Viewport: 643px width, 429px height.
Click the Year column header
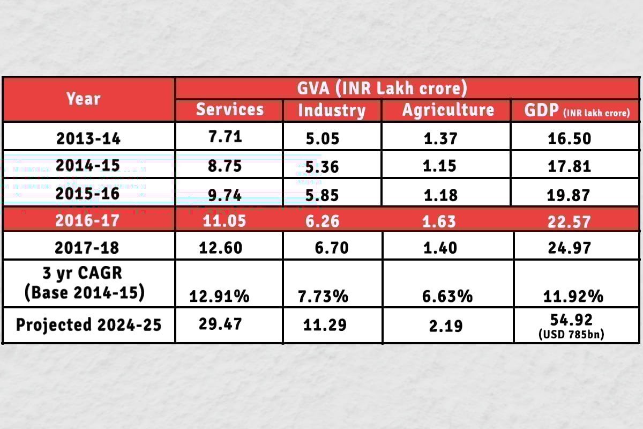[x=83, y=99]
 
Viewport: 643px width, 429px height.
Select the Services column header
[x=230, y=109]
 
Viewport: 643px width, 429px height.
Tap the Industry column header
[x=332, y=110]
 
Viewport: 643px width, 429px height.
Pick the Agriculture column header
[x=448, y=110]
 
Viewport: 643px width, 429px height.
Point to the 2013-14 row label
[x=88, y=138]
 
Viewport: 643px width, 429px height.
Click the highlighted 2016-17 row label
[x=88, y=220]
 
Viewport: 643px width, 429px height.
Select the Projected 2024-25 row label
[x=88, y=325]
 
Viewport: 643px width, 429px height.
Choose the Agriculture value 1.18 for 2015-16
[x=440, y=195]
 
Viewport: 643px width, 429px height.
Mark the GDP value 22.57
[x=570, y=221]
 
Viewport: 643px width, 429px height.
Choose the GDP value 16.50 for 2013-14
[x=570, y=138]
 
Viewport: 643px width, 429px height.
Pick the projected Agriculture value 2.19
[x=446, y=325]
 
